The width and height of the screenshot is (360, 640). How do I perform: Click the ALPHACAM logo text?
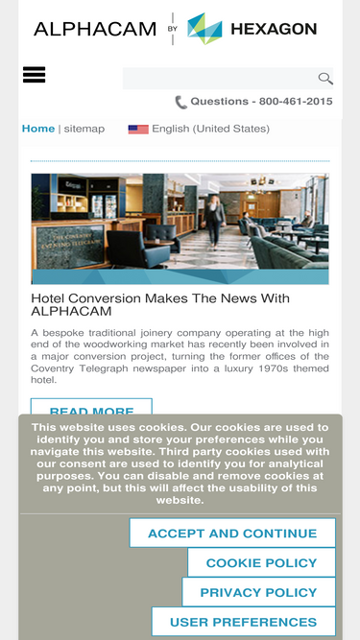pos(94,29)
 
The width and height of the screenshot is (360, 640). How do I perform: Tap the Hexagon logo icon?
pos(204,29)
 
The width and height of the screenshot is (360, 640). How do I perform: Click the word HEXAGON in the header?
pos(273,29)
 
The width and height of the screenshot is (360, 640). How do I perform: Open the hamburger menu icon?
pos(35,75)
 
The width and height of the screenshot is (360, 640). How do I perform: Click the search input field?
pos(218,79)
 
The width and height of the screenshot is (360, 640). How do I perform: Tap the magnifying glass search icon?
pos(325,79)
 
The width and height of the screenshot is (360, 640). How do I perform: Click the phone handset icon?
pos(180,102)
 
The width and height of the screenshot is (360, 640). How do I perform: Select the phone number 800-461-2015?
pos(296,102)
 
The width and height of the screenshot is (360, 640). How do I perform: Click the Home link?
pos(38,129)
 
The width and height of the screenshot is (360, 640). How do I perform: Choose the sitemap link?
pos(84,129)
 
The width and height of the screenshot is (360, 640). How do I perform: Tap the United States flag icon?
pos(138,129)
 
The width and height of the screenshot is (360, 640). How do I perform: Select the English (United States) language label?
pos(210,129)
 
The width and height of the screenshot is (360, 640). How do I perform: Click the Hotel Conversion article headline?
pos(160,304)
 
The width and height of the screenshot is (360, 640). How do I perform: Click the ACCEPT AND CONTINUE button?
pos(232,533)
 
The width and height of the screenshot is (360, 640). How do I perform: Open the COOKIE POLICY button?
pos(261,563)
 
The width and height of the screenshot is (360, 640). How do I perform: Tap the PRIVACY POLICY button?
pos(258,593)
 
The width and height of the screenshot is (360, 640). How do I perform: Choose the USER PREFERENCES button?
pos(243,622)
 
